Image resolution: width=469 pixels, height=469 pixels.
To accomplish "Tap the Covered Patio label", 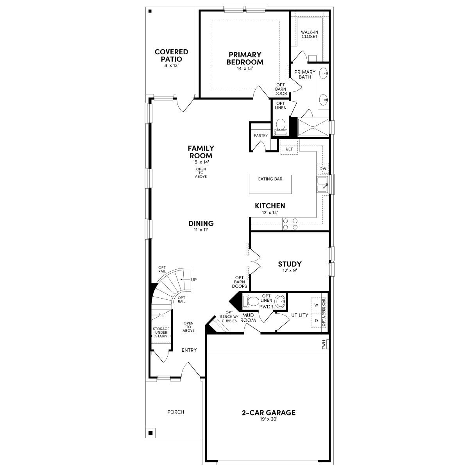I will pyautogui.click(x=171, y=55).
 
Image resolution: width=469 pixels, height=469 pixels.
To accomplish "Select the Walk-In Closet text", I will pyautogui.click(x=309, y=34).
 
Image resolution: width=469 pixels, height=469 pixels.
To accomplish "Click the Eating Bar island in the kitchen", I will pyautogui.click(x=270, y=184).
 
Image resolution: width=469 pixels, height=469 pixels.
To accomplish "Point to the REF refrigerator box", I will pyautogui.click(x=289, y=149).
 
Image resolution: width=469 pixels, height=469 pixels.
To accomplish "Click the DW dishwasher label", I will pyautogui.click(x=322, y=168).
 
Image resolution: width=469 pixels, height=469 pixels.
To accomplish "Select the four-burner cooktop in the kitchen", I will pyautogui.click(x=290, y=224).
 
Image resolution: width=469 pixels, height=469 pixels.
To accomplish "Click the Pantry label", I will pyautogui.click(x=261, y=136).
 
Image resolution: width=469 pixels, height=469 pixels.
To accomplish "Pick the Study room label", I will pyautogui.click(x=290, y=264).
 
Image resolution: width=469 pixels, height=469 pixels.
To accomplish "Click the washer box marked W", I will pyautogui.click(x=316, y=304).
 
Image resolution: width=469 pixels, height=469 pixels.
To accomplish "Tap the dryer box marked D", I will pyautogui.click(x=316, y=320).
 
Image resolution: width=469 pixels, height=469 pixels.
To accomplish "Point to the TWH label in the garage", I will pyautogui.click(x=324, y=345).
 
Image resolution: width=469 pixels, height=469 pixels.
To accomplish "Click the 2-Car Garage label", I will pyautogui.click(x=268, y=412).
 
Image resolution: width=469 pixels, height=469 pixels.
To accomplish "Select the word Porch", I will pyautogui.click(x=175, y=412).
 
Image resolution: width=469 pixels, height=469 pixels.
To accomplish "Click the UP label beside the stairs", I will pyautogui.click(x=194, y=279).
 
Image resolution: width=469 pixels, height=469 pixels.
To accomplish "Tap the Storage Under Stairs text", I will pyautogui.click(x=161, y=333).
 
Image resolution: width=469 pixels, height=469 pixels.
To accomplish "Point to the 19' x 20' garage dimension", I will pyautogui.click(x=268, y=419).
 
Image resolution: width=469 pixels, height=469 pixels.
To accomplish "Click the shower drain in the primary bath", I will pyautogui.click(x=313, y=127).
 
